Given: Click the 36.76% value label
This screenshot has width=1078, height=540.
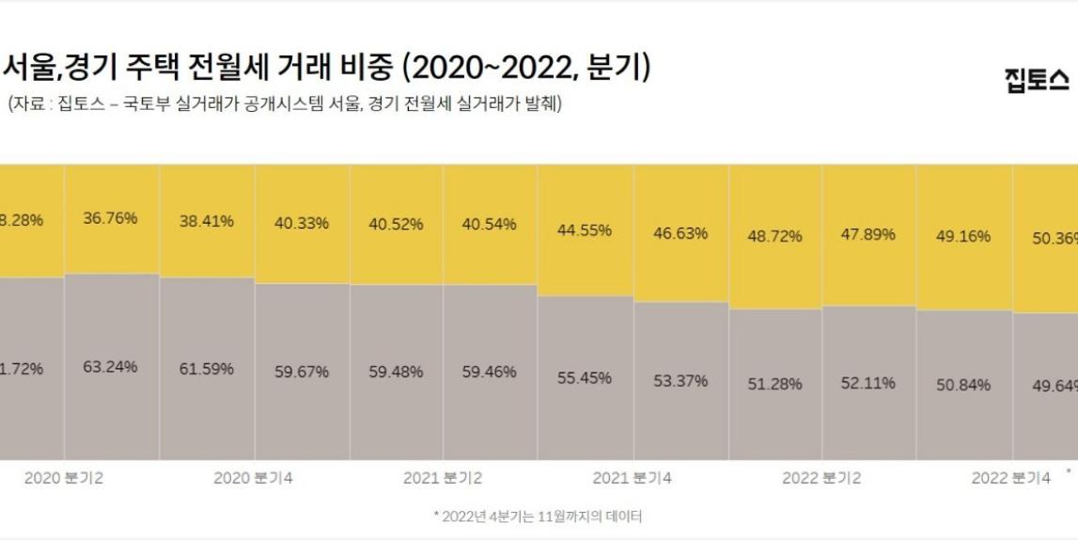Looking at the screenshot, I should point(110,218).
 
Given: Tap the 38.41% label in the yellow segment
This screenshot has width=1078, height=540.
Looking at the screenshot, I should point(207,222).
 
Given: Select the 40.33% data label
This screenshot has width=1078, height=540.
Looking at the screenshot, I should point(302,223).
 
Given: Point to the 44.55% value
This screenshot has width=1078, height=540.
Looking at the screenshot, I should point(584,230).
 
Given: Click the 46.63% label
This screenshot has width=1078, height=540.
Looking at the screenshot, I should point(680,232).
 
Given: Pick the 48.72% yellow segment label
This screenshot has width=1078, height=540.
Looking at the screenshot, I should point(775,235).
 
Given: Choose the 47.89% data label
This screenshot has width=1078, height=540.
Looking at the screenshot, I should point(868,233).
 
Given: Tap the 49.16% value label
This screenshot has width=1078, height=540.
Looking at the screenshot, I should point(963,236).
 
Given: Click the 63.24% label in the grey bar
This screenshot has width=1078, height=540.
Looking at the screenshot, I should point(110,366).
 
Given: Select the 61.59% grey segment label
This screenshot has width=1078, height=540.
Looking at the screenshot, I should point(207,369).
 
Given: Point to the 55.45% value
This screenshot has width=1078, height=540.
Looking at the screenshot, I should point(584,377).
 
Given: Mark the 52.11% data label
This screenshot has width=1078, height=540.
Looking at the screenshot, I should point(868,383).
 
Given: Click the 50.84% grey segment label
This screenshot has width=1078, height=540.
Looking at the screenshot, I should point(963,385).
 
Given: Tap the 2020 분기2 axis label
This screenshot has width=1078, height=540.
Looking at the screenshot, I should point(64,478).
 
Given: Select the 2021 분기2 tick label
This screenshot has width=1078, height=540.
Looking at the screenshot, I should point(443,478).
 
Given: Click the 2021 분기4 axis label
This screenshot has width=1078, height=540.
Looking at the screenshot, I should point(632,478).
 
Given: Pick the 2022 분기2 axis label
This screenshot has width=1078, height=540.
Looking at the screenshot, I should point(821,478).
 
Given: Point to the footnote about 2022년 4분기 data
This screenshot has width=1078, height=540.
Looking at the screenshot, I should point(538,516).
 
